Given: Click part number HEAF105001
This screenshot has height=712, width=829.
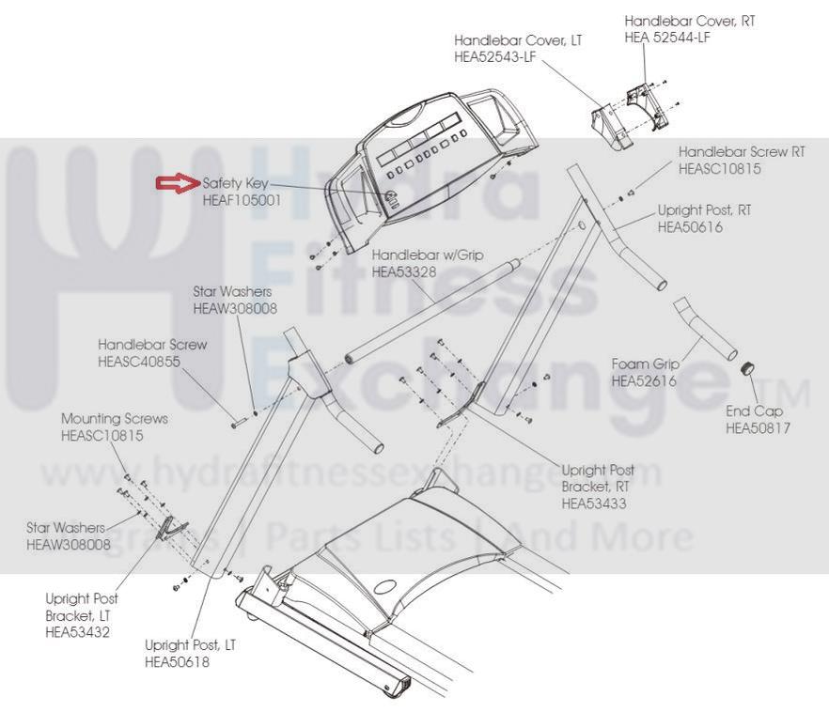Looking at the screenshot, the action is [x=242, y=200].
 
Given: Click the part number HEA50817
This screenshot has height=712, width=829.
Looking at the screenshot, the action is [x=758, y=428].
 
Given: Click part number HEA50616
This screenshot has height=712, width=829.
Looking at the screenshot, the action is [x=690, y=226].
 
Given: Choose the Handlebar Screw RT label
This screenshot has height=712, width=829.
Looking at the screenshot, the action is [x=742, y=151].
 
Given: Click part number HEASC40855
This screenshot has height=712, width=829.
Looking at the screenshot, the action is [x=139, y=362].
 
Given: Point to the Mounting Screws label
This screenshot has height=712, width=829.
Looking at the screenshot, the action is [x=115, y=418].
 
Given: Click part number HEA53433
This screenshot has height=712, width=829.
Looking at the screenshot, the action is [x=594, y=503].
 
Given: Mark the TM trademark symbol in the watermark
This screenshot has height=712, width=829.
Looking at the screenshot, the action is [x=790, y=388].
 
